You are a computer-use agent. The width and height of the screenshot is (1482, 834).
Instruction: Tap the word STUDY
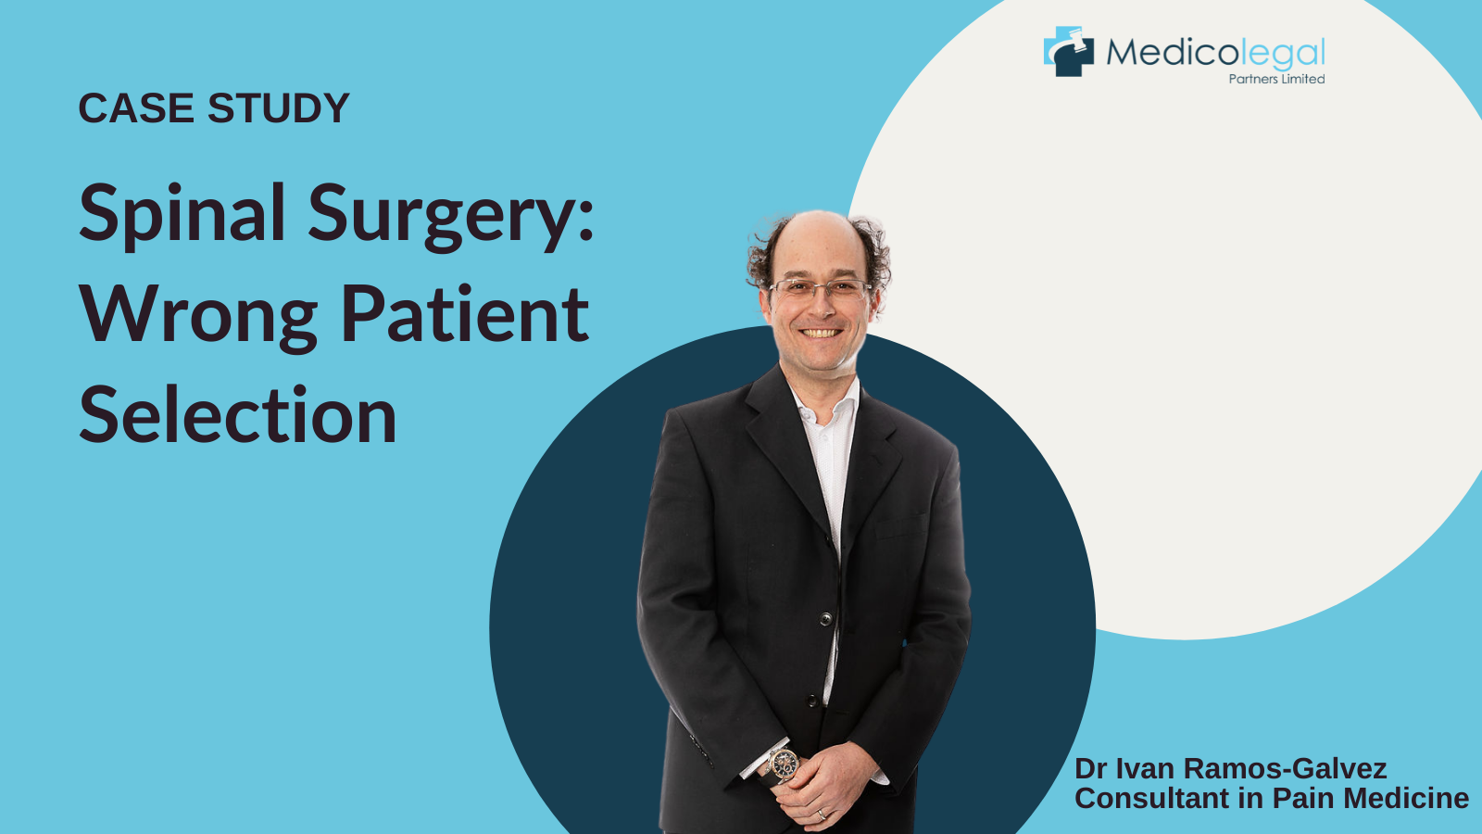279,107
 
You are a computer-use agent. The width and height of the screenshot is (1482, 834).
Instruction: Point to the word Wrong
198,316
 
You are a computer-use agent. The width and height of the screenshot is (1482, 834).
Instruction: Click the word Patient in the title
465,313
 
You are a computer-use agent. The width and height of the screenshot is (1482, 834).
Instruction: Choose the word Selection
237,414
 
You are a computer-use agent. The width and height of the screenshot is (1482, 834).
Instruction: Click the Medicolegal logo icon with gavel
1069,52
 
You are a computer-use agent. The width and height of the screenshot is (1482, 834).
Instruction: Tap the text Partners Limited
1276,79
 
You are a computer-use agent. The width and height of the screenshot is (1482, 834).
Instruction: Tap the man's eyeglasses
821,288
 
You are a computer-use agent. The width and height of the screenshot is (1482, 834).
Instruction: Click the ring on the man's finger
821,815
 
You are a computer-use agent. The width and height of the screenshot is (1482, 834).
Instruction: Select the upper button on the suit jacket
825,619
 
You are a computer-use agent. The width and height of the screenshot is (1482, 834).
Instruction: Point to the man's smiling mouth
821,333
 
